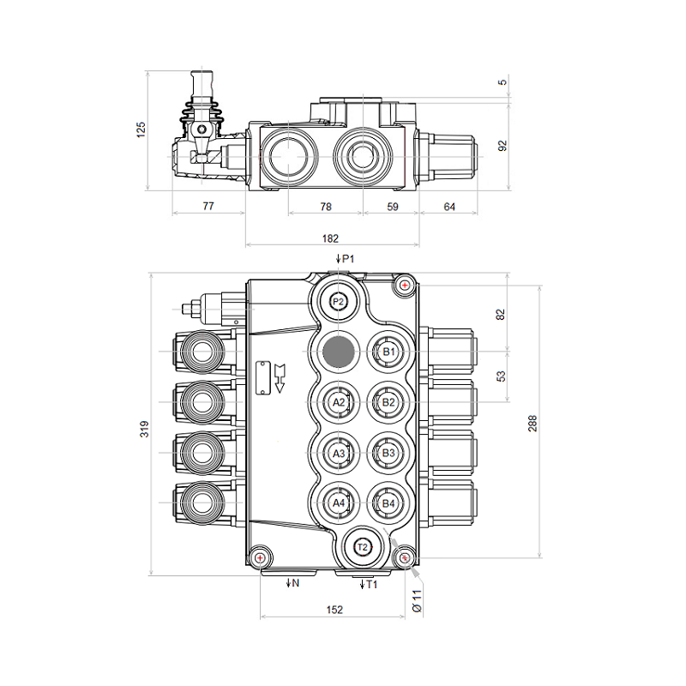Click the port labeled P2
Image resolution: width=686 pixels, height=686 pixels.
pos(338,302)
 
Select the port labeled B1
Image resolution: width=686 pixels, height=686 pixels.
pos(388,352)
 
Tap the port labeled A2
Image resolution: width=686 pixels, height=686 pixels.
pos(339,402)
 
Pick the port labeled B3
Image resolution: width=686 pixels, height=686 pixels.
pos(388,453)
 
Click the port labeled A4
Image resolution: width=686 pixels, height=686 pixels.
pos(339,503)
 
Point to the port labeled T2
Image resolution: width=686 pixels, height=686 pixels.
pos(363,547)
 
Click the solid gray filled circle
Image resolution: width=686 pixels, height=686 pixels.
pos(338,352)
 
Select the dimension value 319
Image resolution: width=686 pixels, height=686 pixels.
pos(144,429)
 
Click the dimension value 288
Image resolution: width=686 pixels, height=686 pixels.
pos(533,424)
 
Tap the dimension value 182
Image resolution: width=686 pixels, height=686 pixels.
pos(330,238)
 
